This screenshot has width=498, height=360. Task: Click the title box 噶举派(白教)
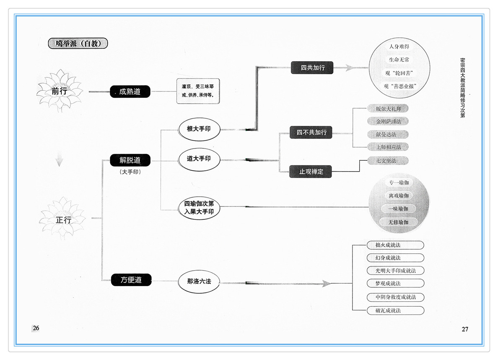click(x=78, y=43)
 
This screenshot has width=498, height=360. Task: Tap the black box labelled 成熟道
click(x=130, y=91)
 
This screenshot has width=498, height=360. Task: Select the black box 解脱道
click(x=130, y=160)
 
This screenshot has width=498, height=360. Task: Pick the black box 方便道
click(x=131, y=280)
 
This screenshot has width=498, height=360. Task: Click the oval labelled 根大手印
click(x=199, y=129)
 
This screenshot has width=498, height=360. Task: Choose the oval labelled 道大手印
click(x=199, y=159)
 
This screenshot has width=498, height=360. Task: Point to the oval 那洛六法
click(x=199, y=282)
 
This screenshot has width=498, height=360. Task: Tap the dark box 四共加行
click(x=312, y=68)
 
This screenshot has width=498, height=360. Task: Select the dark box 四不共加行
click(x=311, y=132)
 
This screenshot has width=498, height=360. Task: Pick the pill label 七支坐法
click(x=387, y=161)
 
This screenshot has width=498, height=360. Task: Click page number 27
click(x=465, y=329)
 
